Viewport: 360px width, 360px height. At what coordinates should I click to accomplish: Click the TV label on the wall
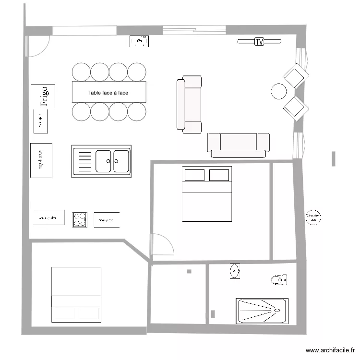click(259, 42)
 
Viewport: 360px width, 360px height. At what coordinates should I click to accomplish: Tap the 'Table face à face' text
click(108, 93)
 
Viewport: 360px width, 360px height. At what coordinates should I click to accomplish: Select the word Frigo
click(44, 96)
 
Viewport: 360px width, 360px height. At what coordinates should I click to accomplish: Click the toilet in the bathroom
click(278, 279)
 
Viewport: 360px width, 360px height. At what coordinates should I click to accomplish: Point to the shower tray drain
click(276, 310)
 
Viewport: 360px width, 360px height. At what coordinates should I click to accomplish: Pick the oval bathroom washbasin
click(234, 271)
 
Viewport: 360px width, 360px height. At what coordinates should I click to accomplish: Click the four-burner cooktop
click(80, 219)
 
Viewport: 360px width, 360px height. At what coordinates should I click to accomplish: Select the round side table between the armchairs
click(279, 91)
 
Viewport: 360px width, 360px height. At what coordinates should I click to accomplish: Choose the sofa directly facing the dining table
click(189, 103)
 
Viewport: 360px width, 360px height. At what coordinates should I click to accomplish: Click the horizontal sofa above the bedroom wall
click(238, 144)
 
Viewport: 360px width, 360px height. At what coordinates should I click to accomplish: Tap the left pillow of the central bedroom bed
click(194, 175)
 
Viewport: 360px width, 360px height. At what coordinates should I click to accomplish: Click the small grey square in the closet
click(189, 272)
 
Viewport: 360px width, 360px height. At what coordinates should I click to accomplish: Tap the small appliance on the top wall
click(140, 42)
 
